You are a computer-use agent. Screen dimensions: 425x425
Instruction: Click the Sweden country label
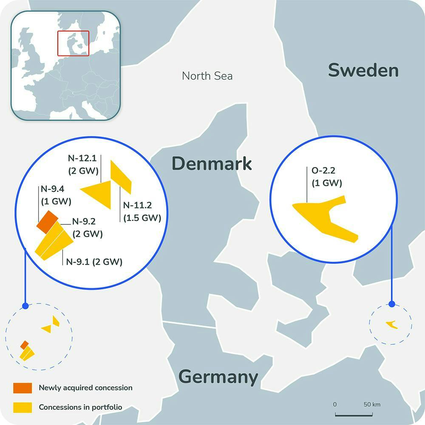pos(363,71)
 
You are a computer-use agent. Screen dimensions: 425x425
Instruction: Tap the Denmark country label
pos(211,164)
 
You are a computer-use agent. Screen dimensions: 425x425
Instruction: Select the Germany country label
pos(218,377)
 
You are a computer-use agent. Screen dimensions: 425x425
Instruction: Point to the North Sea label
pos(207,76)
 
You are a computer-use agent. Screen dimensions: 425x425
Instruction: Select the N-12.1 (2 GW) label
pos(83,165)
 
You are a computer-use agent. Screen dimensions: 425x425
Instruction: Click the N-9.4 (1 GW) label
pos(56,195)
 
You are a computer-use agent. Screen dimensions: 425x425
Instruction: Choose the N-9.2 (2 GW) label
pos(87,227)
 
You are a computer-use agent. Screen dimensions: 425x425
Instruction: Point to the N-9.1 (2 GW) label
pos(94,262)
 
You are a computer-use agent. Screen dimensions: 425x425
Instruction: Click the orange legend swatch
pos(23,388)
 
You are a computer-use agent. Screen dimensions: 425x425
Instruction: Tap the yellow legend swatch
pos(23,407)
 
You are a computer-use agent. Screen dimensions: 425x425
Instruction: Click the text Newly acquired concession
pos(85,388)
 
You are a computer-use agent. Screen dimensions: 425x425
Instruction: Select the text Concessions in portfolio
pos(80,407)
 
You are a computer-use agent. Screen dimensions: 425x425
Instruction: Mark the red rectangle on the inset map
pos(73,43)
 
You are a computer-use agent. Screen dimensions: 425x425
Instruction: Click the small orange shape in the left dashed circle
pos(25,344)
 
